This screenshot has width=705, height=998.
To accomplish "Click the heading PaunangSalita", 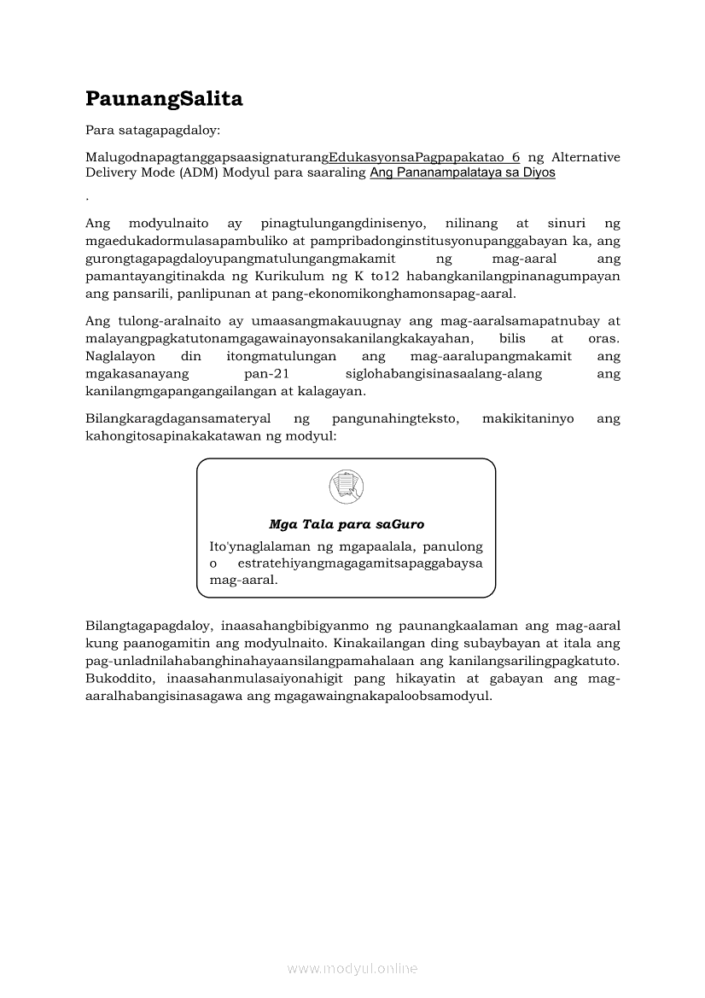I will tap(164, 99).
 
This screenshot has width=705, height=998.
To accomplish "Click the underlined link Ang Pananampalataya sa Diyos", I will tap(463, 172).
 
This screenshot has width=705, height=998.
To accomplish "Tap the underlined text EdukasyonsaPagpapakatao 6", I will tap(424, 157).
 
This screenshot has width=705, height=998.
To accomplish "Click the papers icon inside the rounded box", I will tap(346, 487).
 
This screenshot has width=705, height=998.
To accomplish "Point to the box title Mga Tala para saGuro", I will tap(347, 524).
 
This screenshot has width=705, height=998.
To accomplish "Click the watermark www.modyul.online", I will tap(352, 968).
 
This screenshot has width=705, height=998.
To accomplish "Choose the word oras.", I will tap(604, 338).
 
